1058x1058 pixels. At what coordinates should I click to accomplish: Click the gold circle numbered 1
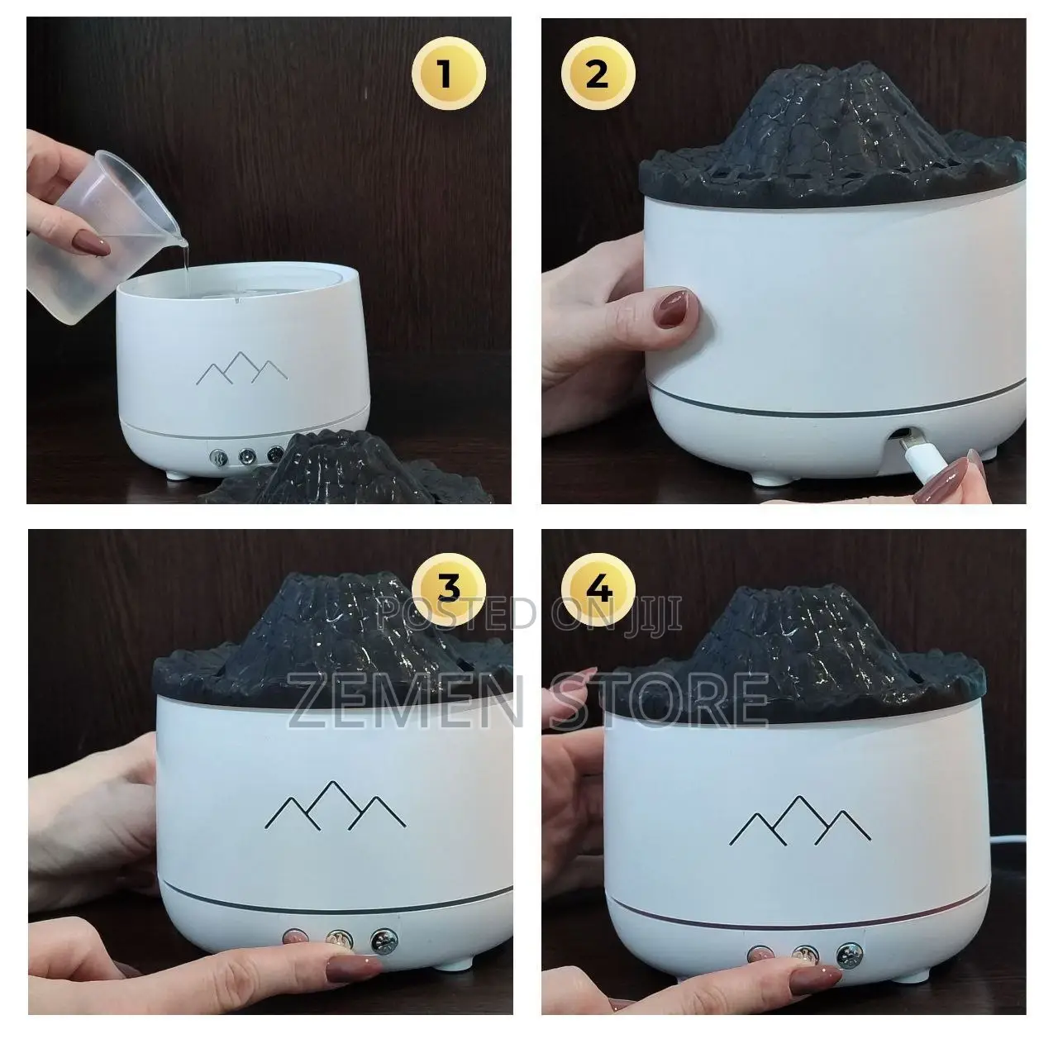pyautogui.click(x=446, y=74)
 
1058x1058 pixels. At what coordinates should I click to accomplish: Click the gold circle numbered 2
pyautogui.click(x=596, y=74)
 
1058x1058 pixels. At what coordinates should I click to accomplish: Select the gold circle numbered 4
pyautogui.click(x=598, y=590)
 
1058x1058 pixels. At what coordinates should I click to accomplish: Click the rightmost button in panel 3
pyautogui.click(x=384, y=940)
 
